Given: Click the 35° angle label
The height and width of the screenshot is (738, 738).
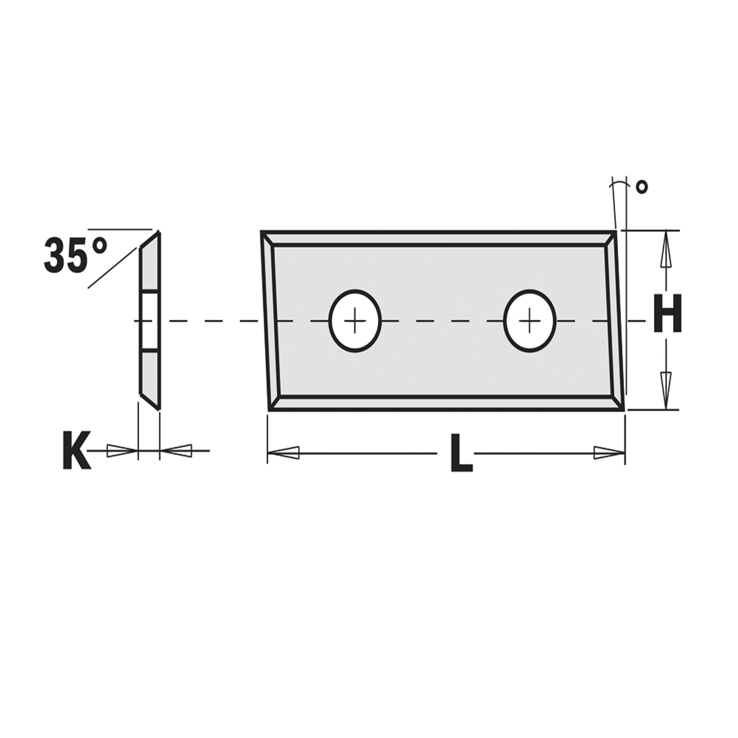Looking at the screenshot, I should [75, 255].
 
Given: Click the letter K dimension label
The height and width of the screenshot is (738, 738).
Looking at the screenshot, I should [76, 451].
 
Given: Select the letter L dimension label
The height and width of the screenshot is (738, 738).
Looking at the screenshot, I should [461, 453].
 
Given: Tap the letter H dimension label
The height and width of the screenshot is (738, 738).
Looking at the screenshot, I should [667, 314].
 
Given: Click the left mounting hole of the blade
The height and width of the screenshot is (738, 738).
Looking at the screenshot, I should [355, 321].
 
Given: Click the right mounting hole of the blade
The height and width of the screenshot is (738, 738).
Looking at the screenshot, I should [529, 321].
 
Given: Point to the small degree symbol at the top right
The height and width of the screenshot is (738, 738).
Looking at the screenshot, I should [642, 187].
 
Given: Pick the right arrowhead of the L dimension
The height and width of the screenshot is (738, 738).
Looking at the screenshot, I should [609, 452].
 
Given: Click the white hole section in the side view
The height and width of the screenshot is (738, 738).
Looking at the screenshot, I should [150, 321].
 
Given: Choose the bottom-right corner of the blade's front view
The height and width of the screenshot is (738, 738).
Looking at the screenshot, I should [623, 409].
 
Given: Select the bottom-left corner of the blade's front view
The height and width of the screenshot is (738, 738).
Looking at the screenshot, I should [270, 409].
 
